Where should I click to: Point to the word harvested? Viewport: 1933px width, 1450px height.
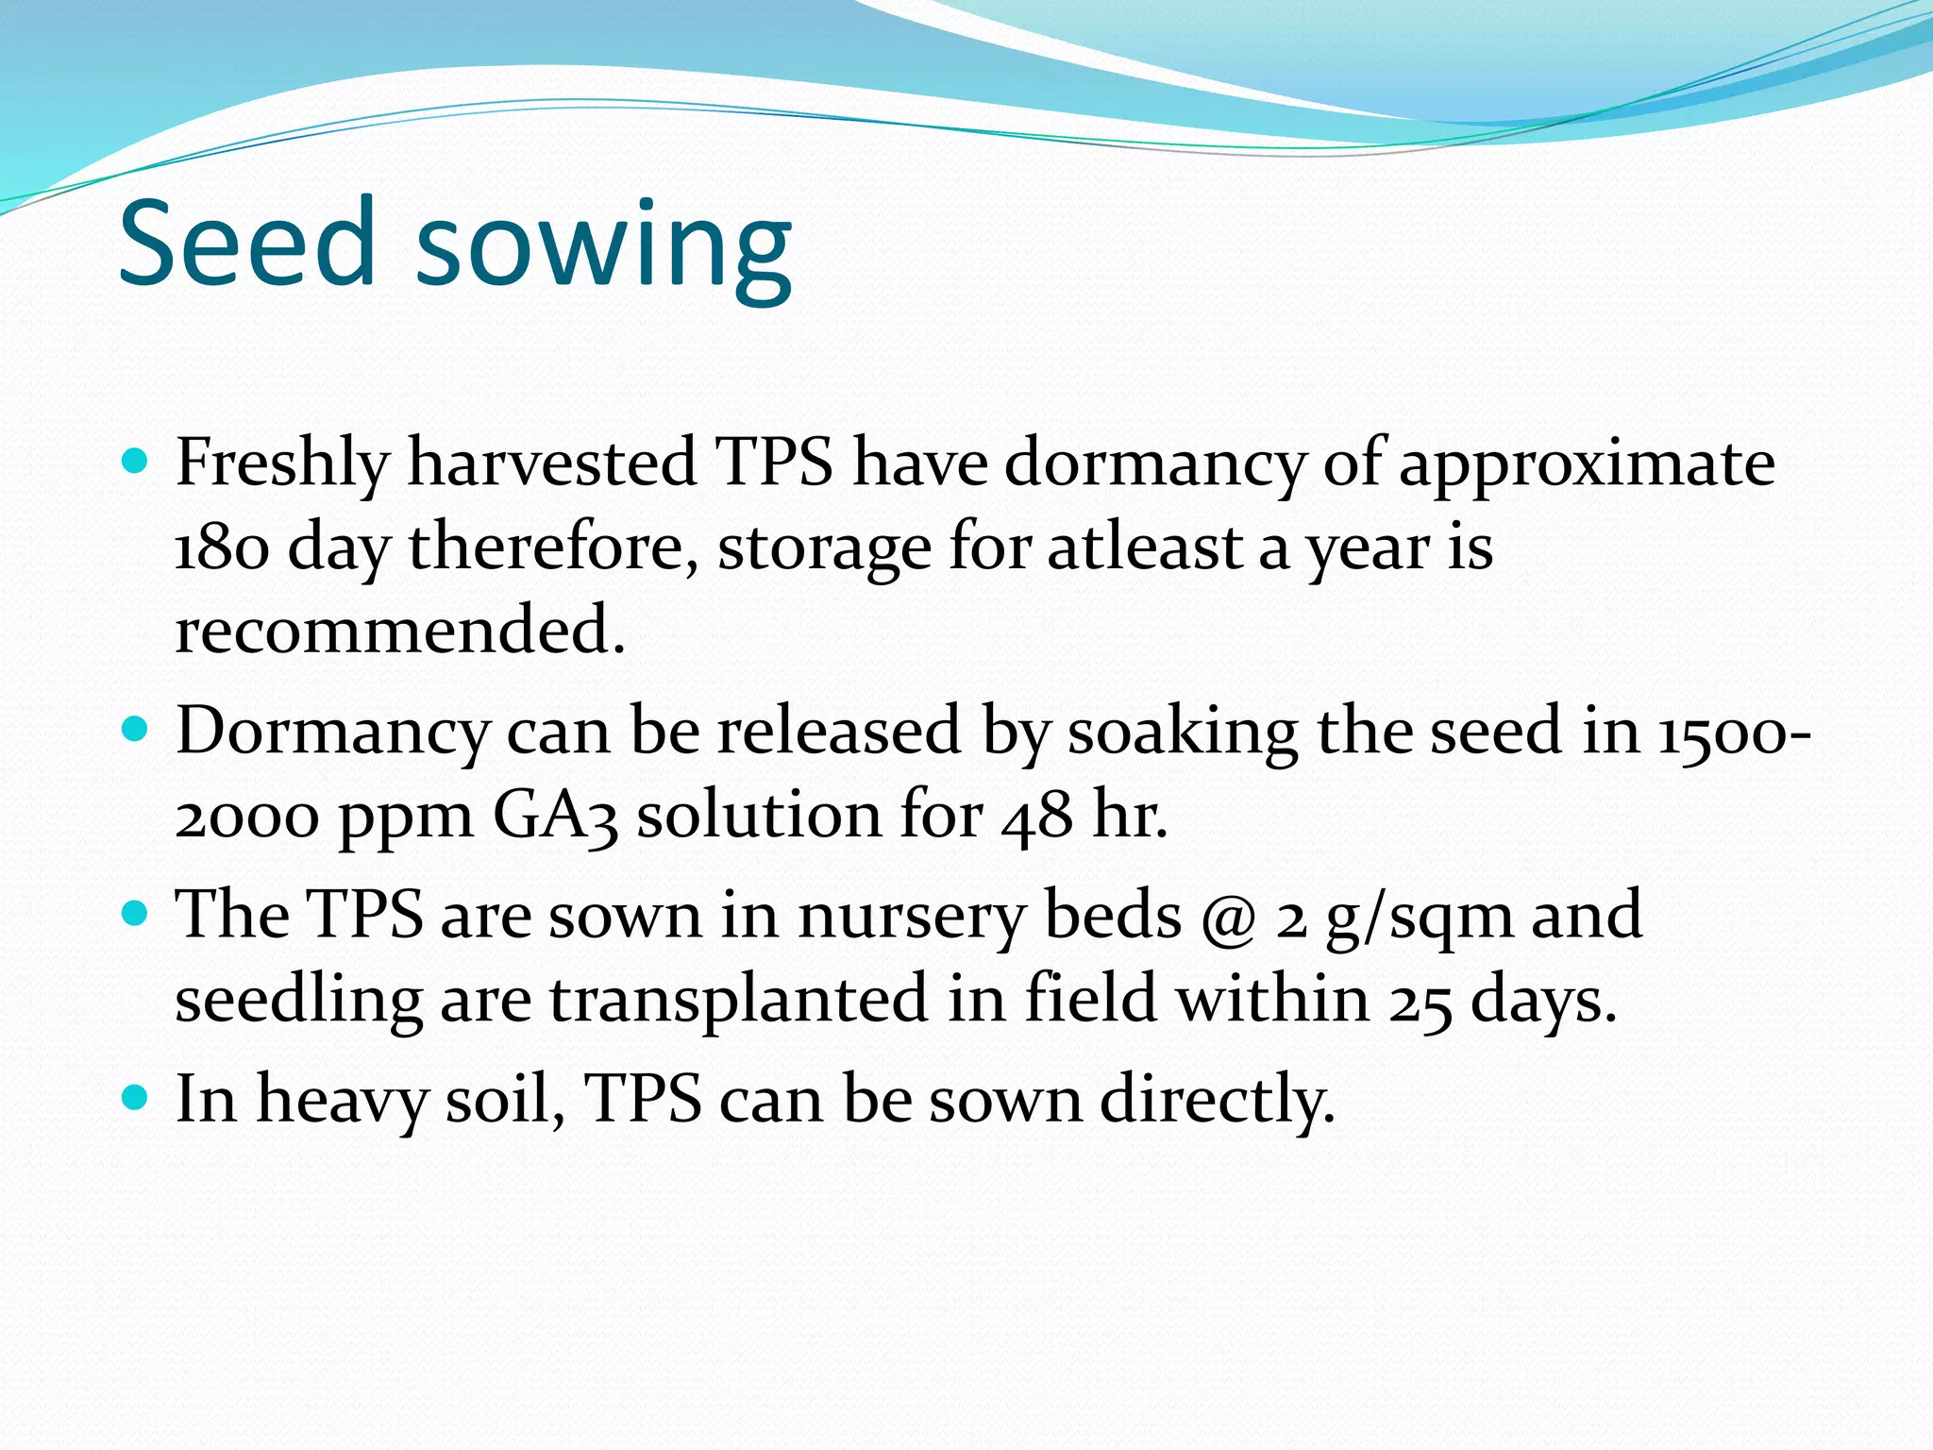(551, 463)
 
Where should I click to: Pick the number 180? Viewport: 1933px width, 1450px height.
(222, 548)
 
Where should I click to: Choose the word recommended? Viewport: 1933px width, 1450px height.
(400, 631)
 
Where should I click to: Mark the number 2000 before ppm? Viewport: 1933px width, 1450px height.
(247, 817)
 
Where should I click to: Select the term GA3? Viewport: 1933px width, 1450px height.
(556, 816)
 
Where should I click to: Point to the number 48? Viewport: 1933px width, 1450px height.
(1037, 817)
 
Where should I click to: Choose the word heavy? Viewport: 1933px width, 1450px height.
(342, 1101)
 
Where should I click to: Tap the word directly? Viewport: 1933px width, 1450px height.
(1218, 1101)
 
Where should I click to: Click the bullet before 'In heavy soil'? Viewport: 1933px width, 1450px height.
(136, 1098)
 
